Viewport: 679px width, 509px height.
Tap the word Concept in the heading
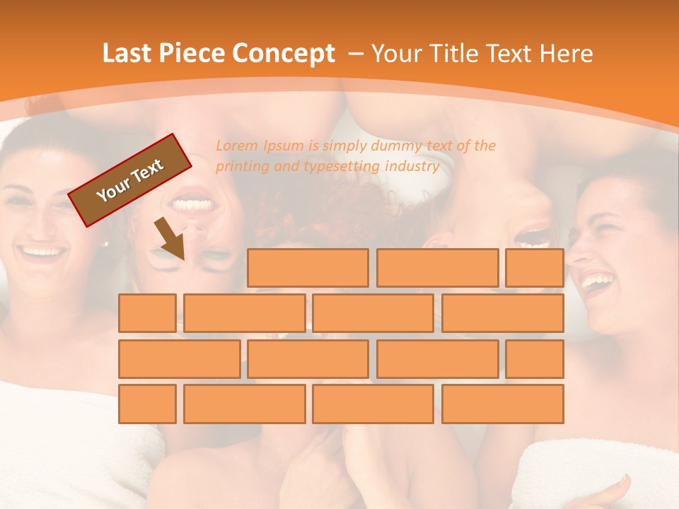pyautogui.click(x=284, y=54)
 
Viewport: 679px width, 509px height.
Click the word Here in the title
pyautogui.click(x=566, y=54)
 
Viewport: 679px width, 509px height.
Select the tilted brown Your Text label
pyautogui.click(x=130, y=180)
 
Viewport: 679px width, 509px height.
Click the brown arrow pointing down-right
pyautogui.click(x=170, y=239)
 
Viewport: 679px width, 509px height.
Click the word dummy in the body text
pyautogui.click(x=386, y=146)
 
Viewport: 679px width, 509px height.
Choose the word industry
pyautogui.click(x=413, y=167)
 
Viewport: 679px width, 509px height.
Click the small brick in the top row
pyautogui.click(x=535, y=268)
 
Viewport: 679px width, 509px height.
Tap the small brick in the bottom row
pyautogui.click(x=147, y=404)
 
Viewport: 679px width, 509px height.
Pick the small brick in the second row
pyautogui.click(x=147, y=313)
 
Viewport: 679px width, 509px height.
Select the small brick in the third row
pyautogui.click(x=535, y=358)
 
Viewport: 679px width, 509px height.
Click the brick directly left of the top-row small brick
pyautogui.click(x=437, y=268)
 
